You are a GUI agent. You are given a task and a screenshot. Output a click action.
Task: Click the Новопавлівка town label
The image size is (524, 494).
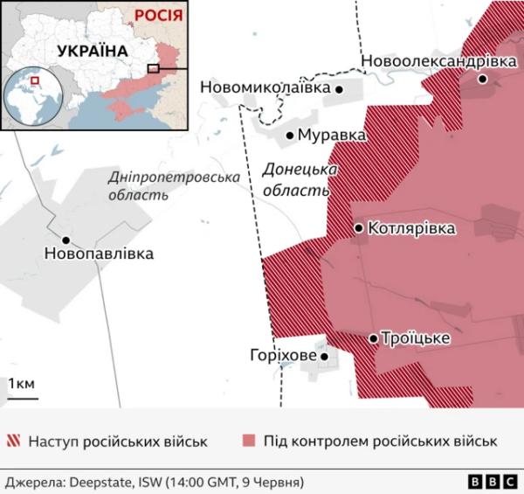(x=98, y=254)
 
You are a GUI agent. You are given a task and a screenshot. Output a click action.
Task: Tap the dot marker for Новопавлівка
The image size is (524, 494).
(x=65, y=240)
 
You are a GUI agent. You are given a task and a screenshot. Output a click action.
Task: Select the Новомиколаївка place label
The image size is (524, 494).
(x=265, y=88)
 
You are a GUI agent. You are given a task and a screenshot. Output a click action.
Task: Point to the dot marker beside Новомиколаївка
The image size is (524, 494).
(x=339, y=89)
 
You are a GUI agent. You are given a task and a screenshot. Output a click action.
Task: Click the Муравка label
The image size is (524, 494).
(x=331, y=136)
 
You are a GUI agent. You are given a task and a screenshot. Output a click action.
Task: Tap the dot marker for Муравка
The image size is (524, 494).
(x=291, y=135)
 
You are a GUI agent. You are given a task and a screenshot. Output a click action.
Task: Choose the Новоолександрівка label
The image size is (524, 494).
(x=438, y=61)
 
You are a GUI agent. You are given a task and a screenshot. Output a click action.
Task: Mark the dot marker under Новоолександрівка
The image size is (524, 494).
(x=483, y=79)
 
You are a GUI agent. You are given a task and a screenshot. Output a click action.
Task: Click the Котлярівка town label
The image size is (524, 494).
(x=412, y=228)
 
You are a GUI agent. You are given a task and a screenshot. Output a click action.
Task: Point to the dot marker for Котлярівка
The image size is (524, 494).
(x=359, y=228)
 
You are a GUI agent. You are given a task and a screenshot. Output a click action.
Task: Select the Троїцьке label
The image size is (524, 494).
(x=416, y=338)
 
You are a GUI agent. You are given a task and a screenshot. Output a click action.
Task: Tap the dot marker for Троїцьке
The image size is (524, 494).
(x=374, y=338)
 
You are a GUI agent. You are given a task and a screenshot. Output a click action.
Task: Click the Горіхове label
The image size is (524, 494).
(x=281, y=356)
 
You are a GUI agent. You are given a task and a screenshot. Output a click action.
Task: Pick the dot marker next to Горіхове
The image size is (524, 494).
(x=324, y=357)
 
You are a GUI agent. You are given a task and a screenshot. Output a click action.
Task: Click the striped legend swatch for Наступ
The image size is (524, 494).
(x=15, y=442)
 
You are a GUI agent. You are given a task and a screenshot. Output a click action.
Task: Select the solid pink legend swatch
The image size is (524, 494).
(x=251, y=442)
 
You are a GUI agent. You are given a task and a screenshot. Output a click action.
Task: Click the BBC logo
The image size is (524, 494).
(x=492, y=482)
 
